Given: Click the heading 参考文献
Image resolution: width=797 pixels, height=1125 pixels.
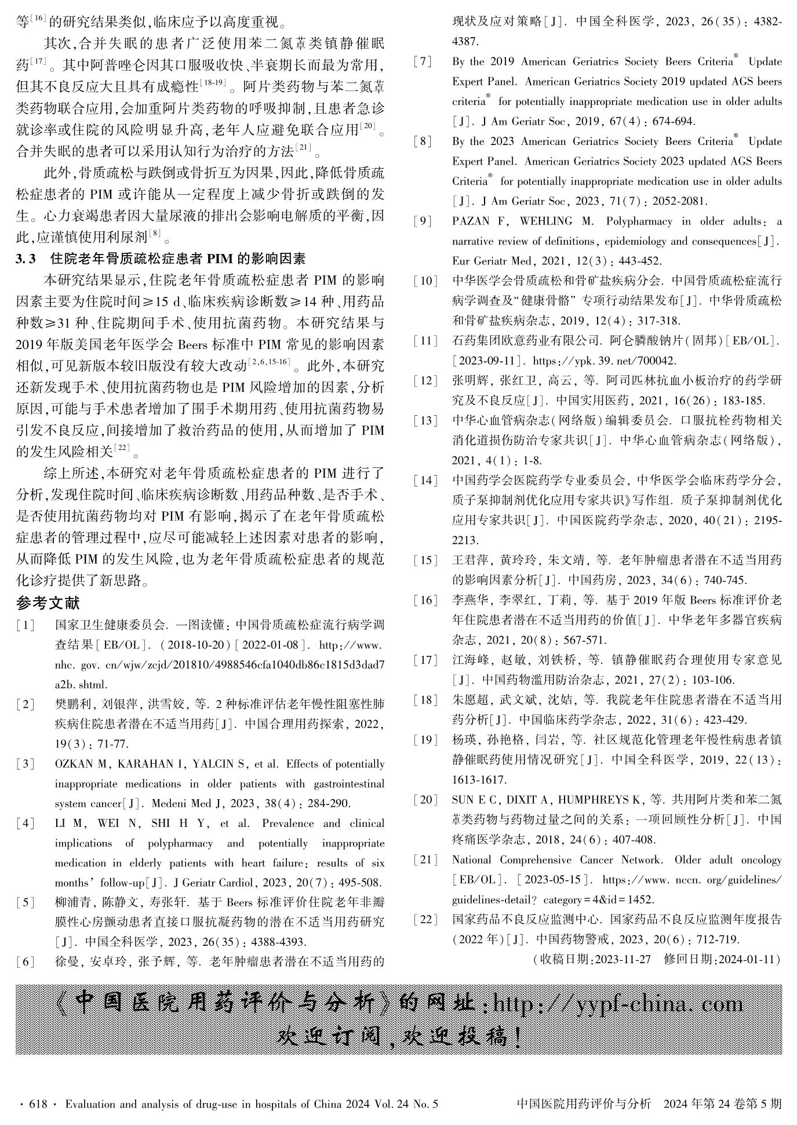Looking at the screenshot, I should pyautogui.click(x=48, y=603).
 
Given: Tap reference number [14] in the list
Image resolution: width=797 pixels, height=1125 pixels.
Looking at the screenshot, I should pyautogui.click(x=425, y=480).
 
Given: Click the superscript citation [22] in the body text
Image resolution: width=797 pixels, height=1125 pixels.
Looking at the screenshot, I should pyautogui.click(x=122, y=447).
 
